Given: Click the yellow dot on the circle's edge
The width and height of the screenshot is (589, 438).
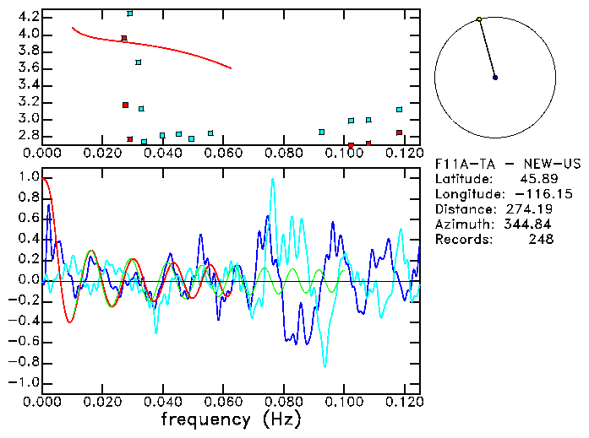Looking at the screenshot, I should pos(479,19).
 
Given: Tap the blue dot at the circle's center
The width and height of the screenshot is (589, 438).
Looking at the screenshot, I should pos(495,78).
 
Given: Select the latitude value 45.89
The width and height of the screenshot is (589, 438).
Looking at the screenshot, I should pos(534,179).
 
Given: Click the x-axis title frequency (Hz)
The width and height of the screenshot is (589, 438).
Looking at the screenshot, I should pos(230,419).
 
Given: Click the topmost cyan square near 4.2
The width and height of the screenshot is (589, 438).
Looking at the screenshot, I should pos(129,14).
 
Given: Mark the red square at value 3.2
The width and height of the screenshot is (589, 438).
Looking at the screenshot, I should pos(125,105).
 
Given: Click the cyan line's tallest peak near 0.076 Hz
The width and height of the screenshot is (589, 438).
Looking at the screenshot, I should pos(272,179).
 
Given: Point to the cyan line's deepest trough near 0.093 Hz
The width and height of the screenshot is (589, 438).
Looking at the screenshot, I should pos(324,365).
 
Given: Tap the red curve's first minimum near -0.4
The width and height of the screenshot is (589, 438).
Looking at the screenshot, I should pos(69,322).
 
